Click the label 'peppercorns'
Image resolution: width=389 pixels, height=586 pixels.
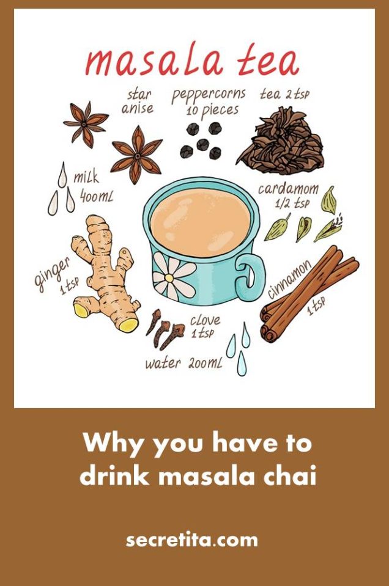tap(208, 95)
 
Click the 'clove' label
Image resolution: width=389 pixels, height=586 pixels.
tap(204, 320)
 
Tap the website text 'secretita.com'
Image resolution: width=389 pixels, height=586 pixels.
tap(192, 540)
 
